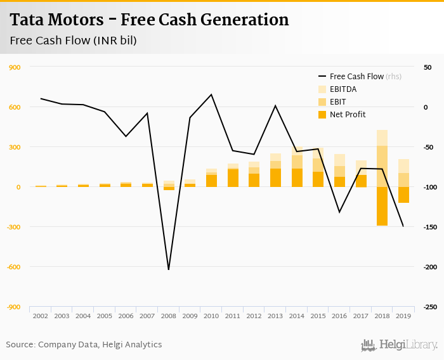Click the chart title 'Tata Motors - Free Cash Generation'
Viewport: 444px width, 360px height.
coord(149,20)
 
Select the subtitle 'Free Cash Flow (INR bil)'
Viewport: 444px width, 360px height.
coord(74,41)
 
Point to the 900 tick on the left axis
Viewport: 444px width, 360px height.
coord(14,67)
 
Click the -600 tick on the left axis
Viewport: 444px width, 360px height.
coord(13,267)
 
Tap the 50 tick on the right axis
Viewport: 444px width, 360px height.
coord(428,67)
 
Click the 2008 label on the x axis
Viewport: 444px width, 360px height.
coord(168,316)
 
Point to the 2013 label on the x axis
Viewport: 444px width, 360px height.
coord(275,316)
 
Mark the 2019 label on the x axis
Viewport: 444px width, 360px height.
coord(403,316)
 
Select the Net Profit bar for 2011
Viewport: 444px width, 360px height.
coord(233,178)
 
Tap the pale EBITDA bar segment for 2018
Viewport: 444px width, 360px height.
coord(382,138)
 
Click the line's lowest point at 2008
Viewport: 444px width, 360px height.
coord(168,269)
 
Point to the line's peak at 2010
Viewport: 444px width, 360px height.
coord(211,94)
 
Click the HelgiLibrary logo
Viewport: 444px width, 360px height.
coord(399,345)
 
